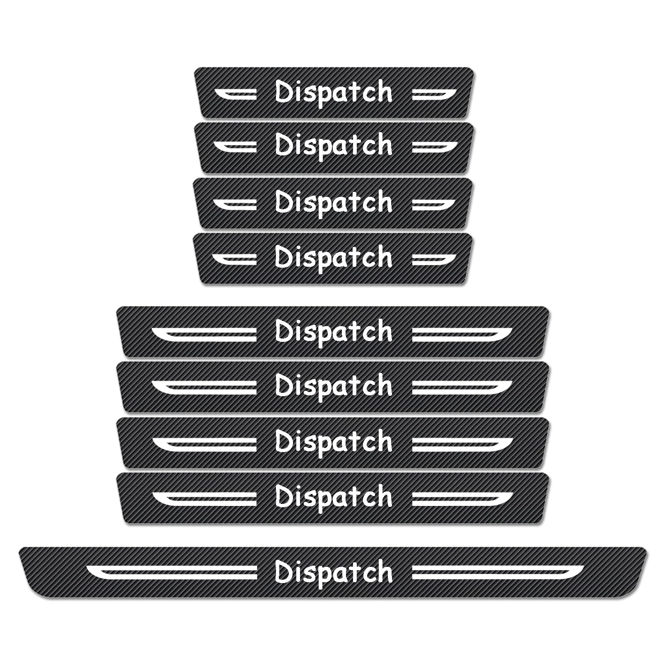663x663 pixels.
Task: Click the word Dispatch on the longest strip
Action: pos(334,573)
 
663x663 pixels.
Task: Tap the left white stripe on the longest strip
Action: pos(172,572)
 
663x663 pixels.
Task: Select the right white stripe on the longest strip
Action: pos(498,572)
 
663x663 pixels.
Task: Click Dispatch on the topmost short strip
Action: pos(334,93)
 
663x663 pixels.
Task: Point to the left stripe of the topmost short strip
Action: pos(235,94)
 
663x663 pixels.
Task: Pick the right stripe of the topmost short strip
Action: pos(434,94)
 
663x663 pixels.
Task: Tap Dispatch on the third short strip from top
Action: pos(334,203)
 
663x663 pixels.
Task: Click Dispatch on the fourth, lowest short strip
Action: pos(334,258)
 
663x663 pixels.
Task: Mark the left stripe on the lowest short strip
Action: pos(235,259)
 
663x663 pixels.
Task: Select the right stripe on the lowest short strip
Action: pos(434,259)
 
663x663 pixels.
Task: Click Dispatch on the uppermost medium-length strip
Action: pos(334,332)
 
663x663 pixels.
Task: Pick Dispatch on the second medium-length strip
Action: pos(334,387)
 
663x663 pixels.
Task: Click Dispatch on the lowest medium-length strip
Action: pos(334,497)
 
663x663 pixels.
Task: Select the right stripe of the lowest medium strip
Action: pos(462,499)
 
